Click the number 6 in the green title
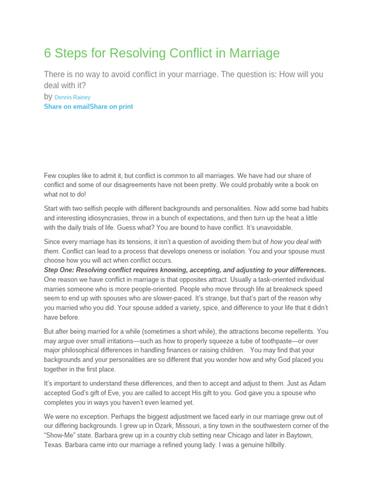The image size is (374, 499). click(47, 53)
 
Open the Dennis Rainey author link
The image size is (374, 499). click(73, 97)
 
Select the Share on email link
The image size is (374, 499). click(66, 107)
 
